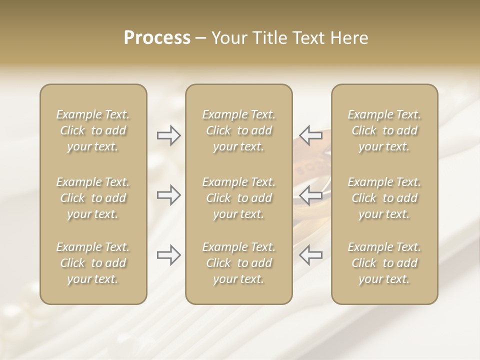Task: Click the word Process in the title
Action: click(157, 38)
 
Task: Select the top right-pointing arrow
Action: click(169, 135)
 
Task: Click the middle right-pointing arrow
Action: click(169, 195)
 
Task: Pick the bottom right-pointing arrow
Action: click(169, 255)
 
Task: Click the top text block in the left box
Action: click(93, 130)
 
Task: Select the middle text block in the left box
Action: click(93, 198)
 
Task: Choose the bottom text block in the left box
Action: click(93, 263)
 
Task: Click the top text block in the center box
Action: click(239, 130)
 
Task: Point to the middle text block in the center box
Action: click(239, 198)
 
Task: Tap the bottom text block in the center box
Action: click(239, 263)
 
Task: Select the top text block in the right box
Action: click(384, 130)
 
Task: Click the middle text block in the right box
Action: click(384, 198)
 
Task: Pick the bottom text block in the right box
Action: click(384, 263)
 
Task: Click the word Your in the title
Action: click(230, 38)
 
